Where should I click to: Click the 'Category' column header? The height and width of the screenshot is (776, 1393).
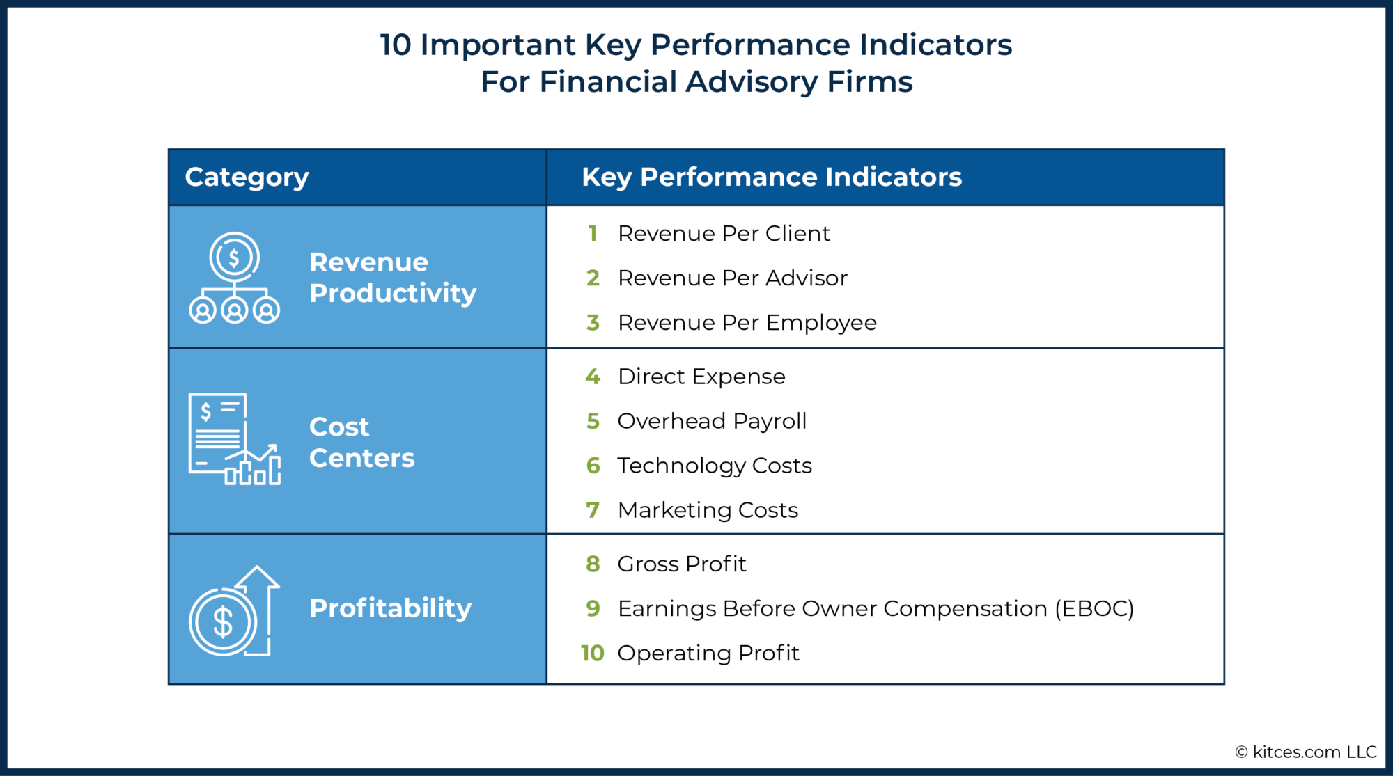point(247,177)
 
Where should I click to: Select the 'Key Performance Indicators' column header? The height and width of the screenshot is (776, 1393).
point(771,177)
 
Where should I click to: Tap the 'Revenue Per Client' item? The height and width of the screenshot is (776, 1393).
point(723,234)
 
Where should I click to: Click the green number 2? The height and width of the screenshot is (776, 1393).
point(593,278)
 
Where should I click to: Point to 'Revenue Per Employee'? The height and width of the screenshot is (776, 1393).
point(747,323)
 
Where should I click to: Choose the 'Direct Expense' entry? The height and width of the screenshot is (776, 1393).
point(701,377)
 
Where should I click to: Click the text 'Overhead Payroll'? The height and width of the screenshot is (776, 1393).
point(711,421)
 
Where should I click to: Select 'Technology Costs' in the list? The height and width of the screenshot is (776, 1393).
point(714,466)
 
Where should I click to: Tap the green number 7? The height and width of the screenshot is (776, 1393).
point(593,510)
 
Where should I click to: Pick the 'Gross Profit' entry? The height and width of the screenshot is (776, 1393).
point(681,564)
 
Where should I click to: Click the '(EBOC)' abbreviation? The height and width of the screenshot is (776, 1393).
point(1094,609)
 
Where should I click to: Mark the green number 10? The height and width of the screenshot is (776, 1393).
point(592,654)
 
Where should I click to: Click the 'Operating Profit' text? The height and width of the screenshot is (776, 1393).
point(708,654)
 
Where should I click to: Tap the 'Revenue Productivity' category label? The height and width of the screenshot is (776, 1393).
point(392,278)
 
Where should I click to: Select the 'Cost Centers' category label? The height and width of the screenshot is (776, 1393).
point(361,442)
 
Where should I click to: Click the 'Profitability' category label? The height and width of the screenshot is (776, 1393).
point(390,608)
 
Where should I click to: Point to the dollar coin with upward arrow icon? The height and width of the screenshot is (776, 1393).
point(234,611)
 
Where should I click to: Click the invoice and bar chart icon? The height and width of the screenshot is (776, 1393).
point(234,439)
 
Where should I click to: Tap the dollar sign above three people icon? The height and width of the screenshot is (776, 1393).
point(234,278)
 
